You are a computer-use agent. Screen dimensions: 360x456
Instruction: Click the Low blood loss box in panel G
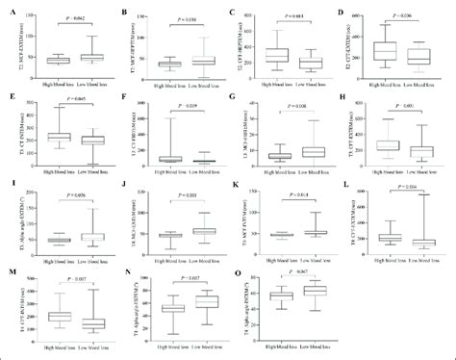[x=310, y=151]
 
